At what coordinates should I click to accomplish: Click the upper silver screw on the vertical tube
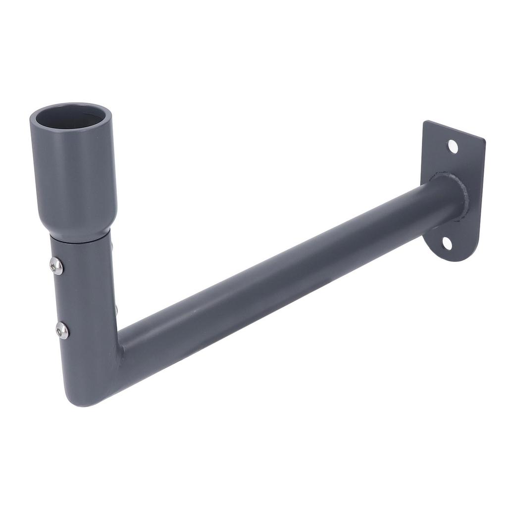pyautogui.click(x=57, y=266)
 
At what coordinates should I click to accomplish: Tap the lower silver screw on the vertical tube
pyautogui.click(x=62, y=330)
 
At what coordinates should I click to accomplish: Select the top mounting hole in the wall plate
pyautogui.click(x=453, y=146)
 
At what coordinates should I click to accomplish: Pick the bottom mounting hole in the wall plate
pyautogui.click(x=447, y=243)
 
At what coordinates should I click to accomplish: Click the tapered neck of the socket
pyautogui.click(x=77, y=225)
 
